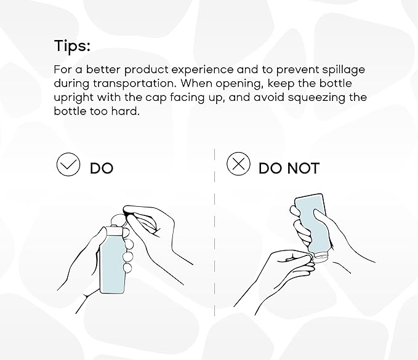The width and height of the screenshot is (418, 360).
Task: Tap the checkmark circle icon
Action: coord(68,165)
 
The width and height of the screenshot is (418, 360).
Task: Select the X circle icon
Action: coord(238,164)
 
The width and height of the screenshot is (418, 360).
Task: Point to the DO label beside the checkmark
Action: coord(102,168)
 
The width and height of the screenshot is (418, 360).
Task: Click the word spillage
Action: coord(341,70)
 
